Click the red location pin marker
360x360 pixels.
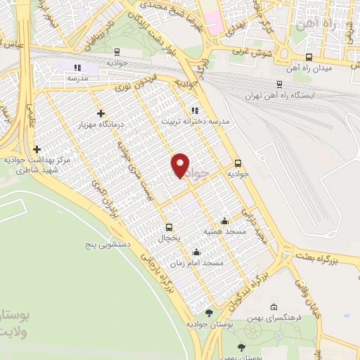181,165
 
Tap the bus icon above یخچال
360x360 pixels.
169,227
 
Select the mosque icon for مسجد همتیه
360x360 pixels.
224,221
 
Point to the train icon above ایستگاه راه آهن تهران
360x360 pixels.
280,84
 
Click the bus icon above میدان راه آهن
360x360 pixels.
309,58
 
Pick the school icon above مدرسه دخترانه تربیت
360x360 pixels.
195,110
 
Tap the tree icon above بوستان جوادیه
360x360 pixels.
209,313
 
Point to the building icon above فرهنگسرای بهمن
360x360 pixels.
274,307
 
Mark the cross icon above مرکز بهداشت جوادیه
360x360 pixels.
37,149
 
